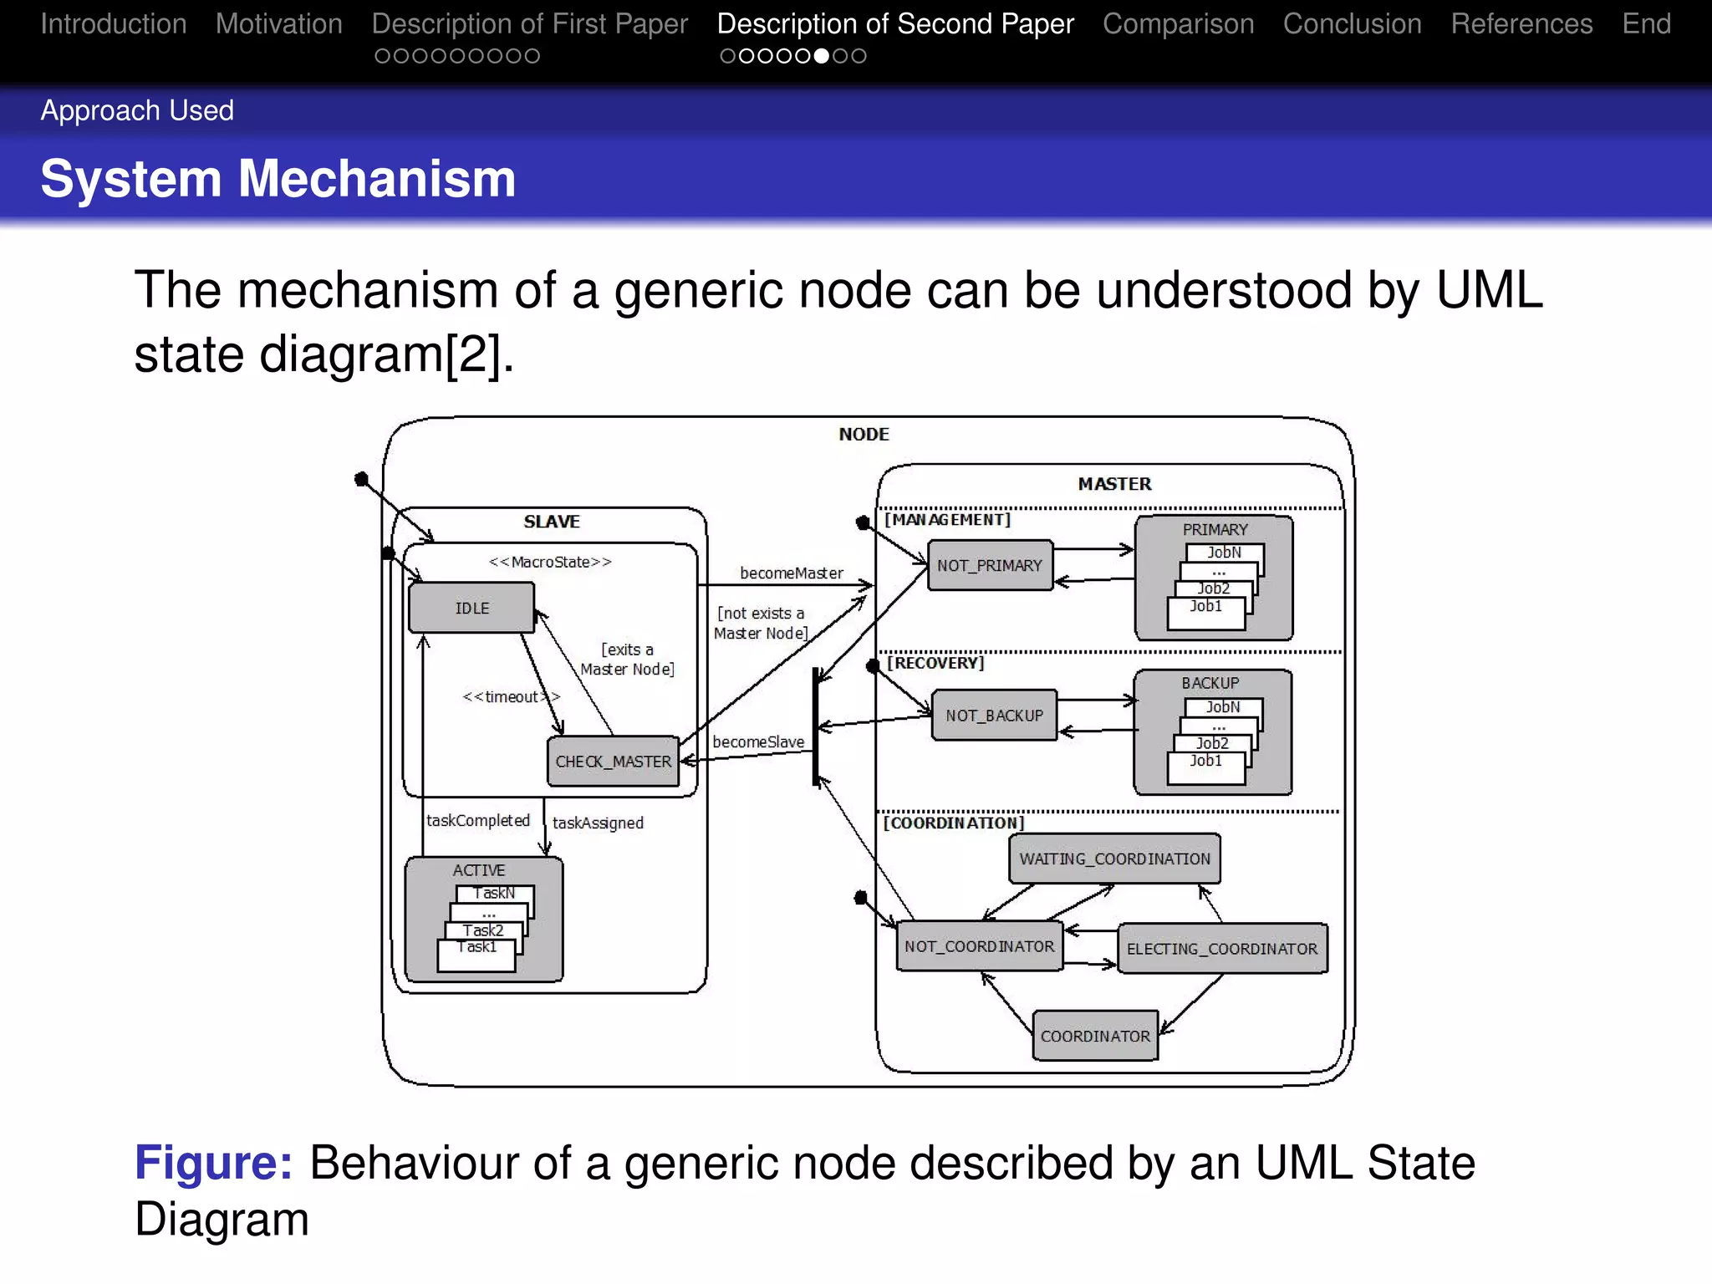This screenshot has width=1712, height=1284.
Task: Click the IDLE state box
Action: (x=471, y=608)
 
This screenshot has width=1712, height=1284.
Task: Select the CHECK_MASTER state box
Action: (x=613, y=762)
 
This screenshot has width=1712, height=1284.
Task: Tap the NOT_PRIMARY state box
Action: (x=990, y=566)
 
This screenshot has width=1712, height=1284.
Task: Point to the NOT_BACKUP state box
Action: (x=994, y=716)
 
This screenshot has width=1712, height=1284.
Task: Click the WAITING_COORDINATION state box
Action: (x=1114, y=859)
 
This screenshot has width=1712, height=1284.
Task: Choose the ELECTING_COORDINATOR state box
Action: (x=1221, y=949)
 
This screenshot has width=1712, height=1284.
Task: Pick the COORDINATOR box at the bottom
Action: (x=1095, y=1036)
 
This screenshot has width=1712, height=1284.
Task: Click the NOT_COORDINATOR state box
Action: (x=979, y=946)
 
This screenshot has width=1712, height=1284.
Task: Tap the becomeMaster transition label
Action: (x=791, y=573)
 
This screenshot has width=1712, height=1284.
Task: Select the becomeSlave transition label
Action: (x=757, y=742)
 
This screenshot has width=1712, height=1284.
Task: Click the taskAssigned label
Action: (x=598, y=823)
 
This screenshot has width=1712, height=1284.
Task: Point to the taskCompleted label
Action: (x=477, y=821)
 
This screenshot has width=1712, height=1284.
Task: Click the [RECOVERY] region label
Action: (x=935, y=663)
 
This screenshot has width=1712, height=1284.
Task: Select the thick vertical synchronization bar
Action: (x=816, y=727)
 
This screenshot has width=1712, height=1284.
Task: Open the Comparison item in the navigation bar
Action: (x=1178, y=24)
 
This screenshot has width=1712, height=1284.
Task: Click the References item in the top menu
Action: (x=1521, y=24)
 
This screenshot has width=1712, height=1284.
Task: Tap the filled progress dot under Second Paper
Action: (x=822, y=56)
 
